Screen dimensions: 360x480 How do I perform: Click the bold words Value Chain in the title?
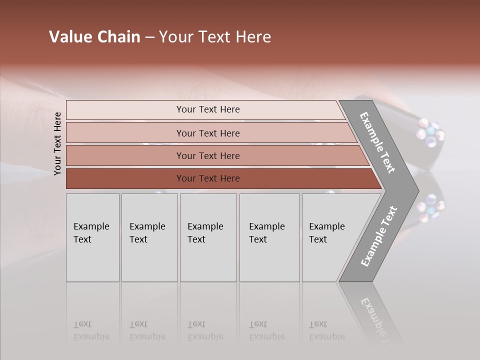94,37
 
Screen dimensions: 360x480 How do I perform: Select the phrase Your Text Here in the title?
215,37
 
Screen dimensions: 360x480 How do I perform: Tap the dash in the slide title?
149,37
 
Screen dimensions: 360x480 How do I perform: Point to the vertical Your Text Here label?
57,143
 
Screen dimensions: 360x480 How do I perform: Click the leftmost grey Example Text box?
92,237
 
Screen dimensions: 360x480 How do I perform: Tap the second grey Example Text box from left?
149,237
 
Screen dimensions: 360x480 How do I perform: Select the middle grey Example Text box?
208,237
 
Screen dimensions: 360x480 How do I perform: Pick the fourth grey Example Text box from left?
269,237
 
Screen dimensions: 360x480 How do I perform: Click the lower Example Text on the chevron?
379,236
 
